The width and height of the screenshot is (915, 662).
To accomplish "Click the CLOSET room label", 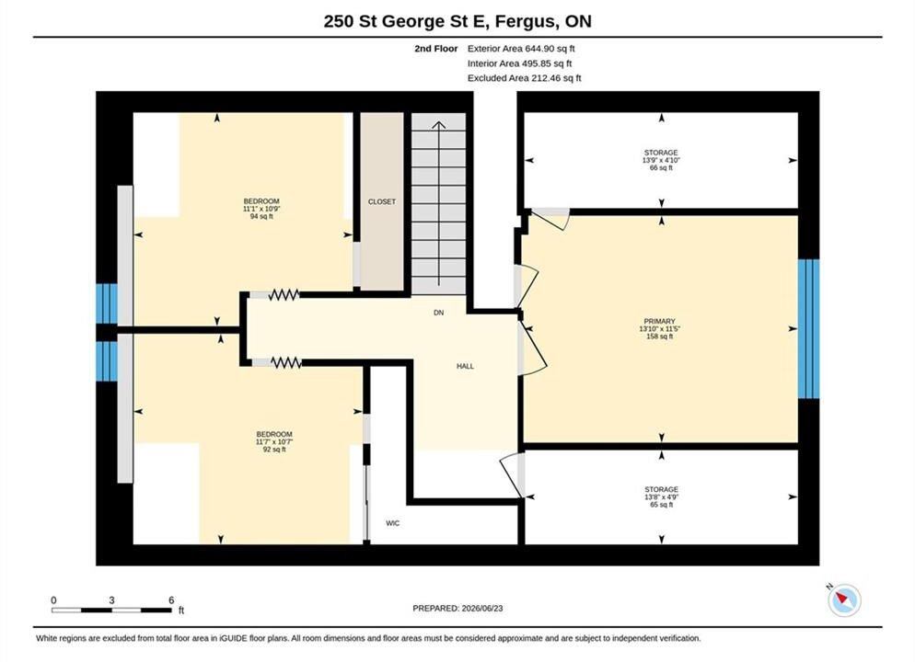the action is (382, 201).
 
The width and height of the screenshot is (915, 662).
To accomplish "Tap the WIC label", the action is (393, 523).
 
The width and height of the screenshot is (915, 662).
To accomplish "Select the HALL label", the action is (465, 367).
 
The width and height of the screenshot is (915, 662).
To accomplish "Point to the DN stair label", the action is (439, 313).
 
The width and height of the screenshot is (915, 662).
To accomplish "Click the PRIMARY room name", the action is (659, 321).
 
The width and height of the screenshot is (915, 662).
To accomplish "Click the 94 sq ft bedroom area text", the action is (261, 216).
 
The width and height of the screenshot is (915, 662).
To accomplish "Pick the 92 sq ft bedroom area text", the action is (274, 450).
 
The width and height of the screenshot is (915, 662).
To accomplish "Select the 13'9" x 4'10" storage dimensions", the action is (661, 160).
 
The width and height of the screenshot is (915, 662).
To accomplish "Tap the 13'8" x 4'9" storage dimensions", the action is (661, 497).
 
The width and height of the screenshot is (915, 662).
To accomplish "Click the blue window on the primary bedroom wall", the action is (808, 328).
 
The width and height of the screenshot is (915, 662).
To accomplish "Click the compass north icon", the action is (844, 599).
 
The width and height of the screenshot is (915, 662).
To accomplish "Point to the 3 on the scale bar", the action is (111, 600).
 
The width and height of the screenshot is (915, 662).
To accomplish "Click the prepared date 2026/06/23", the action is (482, 609).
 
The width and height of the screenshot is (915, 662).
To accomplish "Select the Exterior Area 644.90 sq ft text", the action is (521, 49).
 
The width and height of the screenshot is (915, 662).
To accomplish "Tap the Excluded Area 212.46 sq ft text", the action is (524, 78).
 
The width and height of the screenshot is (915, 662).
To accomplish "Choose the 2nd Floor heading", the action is (436, 49).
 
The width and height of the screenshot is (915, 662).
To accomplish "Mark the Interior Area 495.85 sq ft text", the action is (519, 63).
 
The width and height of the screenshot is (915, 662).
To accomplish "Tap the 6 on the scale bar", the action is (171, 600).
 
